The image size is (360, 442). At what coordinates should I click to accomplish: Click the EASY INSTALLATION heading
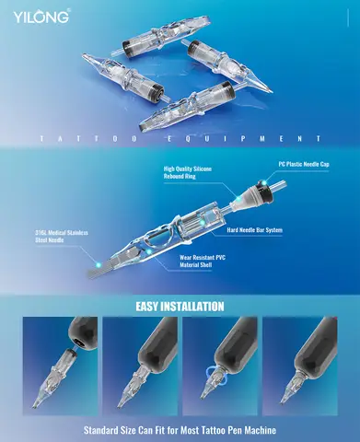179,306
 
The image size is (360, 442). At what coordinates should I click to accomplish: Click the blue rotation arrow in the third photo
220,374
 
